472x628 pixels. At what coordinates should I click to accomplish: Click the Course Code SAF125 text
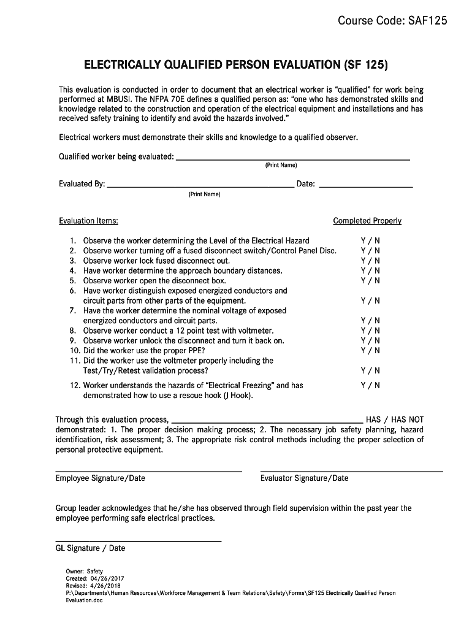(392, 21)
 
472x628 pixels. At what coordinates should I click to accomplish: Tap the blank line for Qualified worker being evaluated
(292, 158)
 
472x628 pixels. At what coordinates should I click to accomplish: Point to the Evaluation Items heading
(88, 221)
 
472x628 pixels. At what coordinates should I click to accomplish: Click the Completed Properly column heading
(367, 221)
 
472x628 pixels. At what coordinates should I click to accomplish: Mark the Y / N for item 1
(370, 240)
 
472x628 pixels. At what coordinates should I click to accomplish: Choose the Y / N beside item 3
(370, 261)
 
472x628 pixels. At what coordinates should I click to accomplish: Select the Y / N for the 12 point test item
(370, 331)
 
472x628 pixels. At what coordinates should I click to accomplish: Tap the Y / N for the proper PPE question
(370, 350)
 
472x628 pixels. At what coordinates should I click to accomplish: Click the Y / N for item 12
(370, 385)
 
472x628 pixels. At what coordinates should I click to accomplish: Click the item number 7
(72, 311)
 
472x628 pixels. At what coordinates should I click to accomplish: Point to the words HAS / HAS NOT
(394, 419)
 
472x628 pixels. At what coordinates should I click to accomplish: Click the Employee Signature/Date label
(101, 478)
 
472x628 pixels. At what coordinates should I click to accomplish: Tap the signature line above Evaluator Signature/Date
(351, 470)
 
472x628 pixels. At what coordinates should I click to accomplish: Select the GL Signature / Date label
(90, 548)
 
